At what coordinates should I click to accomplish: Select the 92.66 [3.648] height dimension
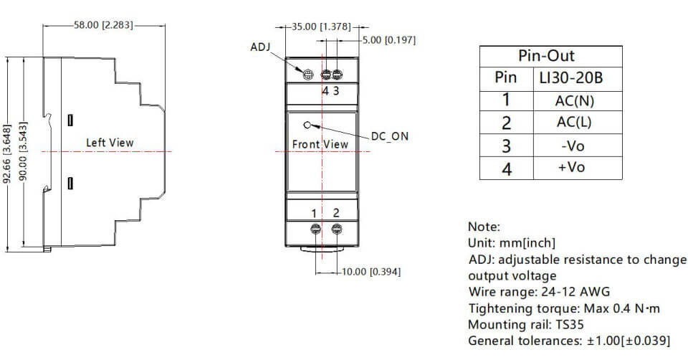click(8, 153)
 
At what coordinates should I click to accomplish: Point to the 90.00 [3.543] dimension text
click(24, 153)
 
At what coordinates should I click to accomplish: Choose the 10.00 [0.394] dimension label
click(373, 272)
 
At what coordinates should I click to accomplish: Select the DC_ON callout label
click(390, 136)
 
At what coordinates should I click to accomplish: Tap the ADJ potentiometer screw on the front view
click(307, 75)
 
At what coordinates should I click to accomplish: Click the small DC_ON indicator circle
click(307, 124)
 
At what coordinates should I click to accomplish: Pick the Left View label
click(110, 143)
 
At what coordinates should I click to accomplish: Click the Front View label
click(320, 144)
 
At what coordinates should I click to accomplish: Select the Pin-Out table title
click(546, 56)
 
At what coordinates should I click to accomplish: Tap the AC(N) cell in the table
click(575, 101)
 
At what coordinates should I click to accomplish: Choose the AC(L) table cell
click(575, 123)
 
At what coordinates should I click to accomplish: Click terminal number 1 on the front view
click(314, 213)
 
